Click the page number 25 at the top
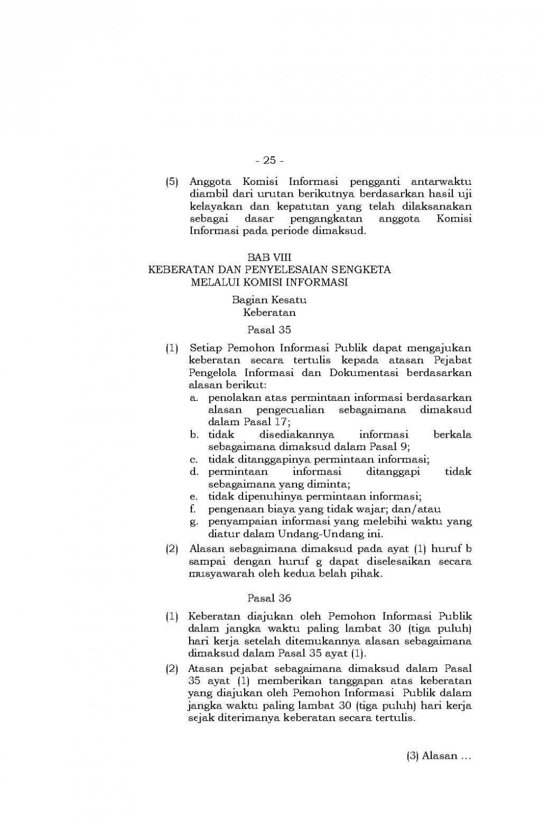269,160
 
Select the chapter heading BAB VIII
269,258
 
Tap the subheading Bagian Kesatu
269,300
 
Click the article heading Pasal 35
269,329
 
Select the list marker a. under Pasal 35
194,398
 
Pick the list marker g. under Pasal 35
193,522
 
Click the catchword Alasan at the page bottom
439,756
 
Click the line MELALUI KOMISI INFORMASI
269,282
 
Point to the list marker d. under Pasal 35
194,472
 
